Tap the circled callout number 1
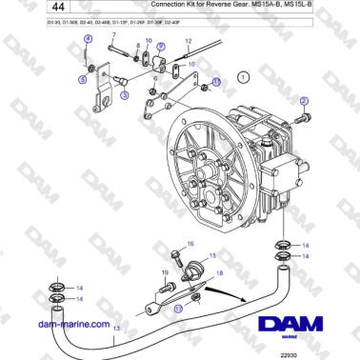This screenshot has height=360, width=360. click(x=243, y=75)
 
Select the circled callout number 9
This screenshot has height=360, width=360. click(x=161, y=46)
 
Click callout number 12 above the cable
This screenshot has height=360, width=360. click(x=189, y=43)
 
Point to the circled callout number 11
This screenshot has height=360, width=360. click(x=215, y=82)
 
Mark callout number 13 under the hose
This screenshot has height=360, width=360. click(x=116, y=328)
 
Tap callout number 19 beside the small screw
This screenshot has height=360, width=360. click(x=164, y=273)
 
